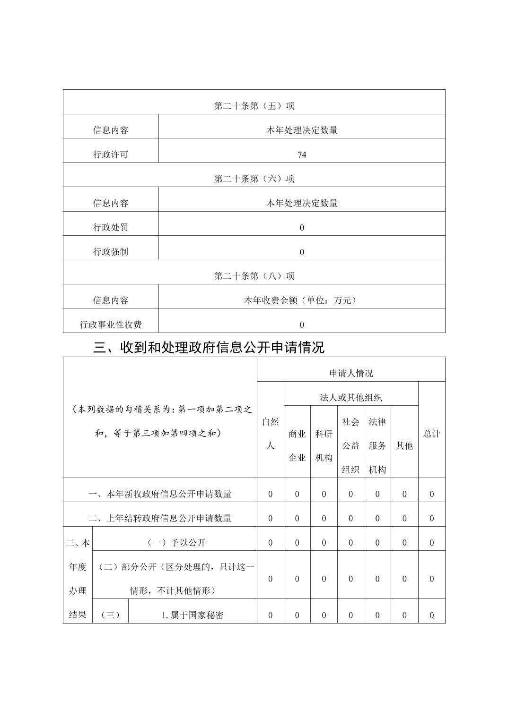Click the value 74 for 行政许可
(302, 154)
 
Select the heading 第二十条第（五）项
(254, 106)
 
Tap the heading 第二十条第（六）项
(254, 179)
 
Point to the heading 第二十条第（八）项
(254, 276)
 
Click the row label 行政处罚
(111, 227)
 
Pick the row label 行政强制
(111, 252)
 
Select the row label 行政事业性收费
(111, 325)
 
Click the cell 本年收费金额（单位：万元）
(302, 300)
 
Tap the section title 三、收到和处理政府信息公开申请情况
(209, 348)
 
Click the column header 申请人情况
(351, 373)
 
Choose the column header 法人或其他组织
(351, 397)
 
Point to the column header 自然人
(271, 434)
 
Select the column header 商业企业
(297, 445)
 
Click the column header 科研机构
(324, 445)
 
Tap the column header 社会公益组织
(350, 445)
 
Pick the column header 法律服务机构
(377, 445)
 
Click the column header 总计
(431, 434)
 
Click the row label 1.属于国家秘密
(193, 615)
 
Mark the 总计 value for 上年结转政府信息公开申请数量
(431, 518)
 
